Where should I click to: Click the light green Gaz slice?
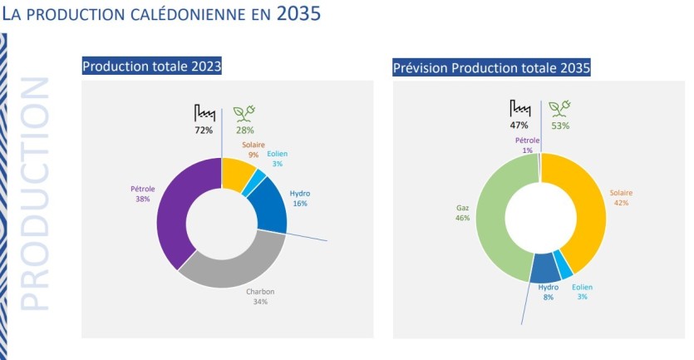tap(491, 218)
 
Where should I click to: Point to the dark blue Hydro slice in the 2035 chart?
tap(545, 268)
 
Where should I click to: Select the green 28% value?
tap(244, 130)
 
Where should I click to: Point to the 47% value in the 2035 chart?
tap(520, 126)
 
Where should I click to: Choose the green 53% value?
tap(560, 126)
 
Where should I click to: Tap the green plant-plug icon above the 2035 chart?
tap(559, 109)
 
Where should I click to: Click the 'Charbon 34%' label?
tap(260, 296)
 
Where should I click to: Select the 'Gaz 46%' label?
tap(463, 213)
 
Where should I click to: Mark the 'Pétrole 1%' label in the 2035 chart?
tap(528, 145)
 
